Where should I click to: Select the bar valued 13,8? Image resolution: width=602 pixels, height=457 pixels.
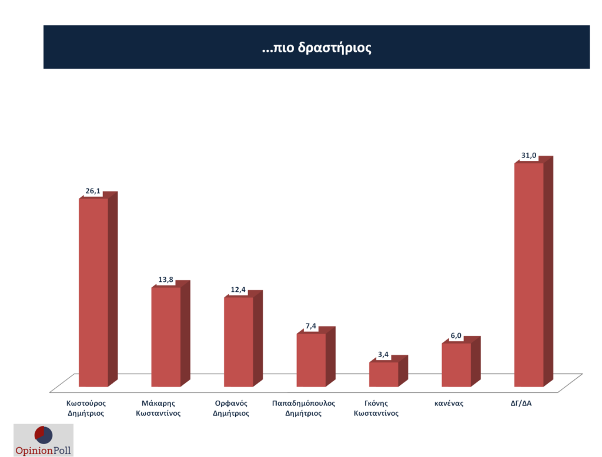[166, 337]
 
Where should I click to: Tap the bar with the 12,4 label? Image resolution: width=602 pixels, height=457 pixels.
[238, 342]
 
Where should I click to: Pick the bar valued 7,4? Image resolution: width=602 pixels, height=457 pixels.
[310, 360]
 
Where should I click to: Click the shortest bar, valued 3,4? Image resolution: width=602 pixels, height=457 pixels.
[383, 374]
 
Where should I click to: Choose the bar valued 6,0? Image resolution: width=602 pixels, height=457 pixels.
[456, 365]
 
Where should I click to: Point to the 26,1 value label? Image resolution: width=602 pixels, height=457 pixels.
[93, 190]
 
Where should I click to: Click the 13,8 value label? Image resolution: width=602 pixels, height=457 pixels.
[166, 280]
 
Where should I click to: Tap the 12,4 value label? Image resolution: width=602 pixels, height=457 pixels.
[238, 289]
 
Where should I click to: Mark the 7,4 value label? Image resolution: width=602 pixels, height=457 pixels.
[310, 325]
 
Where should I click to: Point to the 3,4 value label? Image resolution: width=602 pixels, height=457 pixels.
[383, 354]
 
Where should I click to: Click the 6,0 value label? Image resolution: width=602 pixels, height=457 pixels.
[456, 335]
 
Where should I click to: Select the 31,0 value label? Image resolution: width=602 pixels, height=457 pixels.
[529, 155]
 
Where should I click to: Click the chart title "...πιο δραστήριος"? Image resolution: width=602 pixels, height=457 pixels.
[316, 48]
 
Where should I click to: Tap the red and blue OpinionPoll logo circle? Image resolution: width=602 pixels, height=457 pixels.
[44, 435]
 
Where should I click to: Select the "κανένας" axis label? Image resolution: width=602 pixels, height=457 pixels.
[449, 404]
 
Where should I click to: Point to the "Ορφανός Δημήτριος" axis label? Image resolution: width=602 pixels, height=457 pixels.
[231, 408]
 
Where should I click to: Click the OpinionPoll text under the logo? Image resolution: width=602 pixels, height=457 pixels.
[44, 451]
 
